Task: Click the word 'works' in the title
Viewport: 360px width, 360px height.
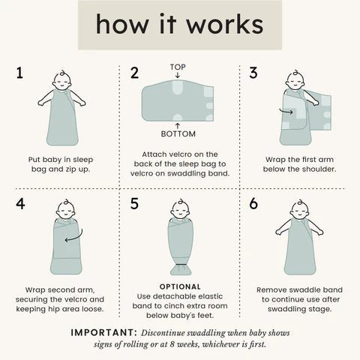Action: pos(225,25)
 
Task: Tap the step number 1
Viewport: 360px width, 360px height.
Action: pos(19,73)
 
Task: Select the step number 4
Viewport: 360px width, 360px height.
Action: pos(20,203)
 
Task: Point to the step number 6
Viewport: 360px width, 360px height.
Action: pos(253,203)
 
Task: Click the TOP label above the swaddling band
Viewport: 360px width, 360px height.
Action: pos(178,67)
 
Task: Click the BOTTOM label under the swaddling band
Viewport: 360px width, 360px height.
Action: pos(178,134)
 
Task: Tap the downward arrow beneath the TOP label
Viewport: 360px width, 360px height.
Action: pos(178,75)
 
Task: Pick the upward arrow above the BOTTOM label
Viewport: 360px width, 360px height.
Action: pos(178,126)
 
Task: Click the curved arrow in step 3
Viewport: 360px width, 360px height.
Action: pos(286,112)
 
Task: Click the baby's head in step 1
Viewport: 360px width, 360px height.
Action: pos(62,81)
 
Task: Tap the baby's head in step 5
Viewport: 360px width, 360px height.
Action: pos(181,210)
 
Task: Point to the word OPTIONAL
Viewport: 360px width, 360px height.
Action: pos(180,286)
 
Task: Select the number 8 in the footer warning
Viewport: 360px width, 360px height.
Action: pos(172,344)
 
